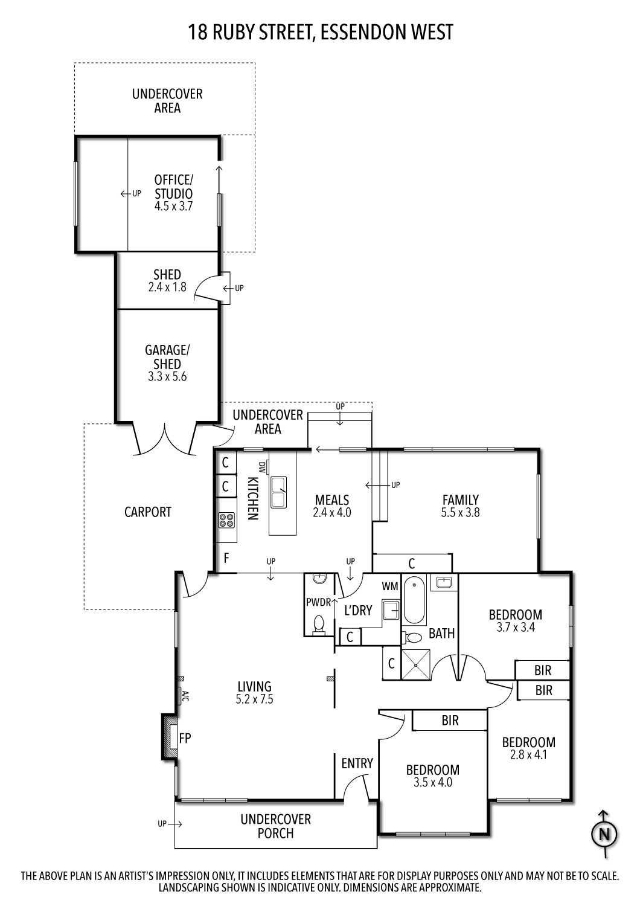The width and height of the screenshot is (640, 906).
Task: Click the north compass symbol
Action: coord(604,835)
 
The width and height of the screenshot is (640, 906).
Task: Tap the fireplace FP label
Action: coord(185,737)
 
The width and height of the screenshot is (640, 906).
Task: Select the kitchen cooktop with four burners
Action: coord(226,519)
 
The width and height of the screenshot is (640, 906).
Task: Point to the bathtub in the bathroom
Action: coord(414,600)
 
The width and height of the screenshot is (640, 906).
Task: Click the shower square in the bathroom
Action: coord(416,665)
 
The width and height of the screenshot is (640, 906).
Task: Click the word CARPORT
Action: coord(148,512)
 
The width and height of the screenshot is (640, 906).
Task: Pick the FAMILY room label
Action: coord(460,500)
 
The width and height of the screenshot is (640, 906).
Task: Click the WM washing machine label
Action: coord(389,586)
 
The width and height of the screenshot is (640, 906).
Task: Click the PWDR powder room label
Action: coord(318,602)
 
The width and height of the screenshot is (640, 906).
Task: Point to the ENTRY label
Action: coord(357,763)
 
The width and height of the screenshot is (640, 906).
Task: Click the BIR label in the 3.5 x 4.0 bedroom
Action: coord(450,721)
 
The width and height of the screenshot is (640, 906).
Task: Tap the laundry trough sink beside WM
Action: coord(391,610)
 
